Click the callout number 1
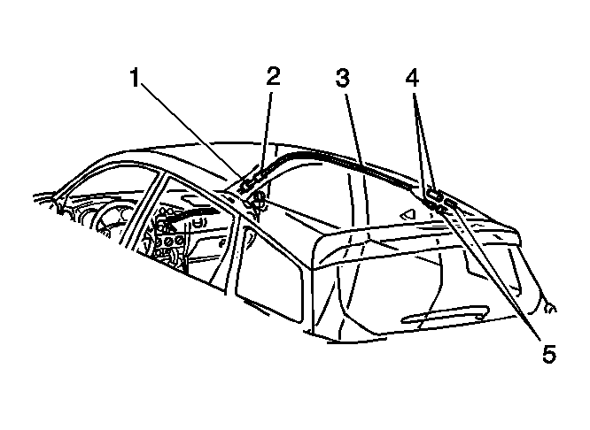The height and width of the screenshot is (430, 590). pos(135,78)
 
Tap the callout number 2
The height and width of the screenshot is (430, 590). pos(273,76)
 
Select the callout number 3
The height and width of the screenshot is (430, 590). pos(343,78)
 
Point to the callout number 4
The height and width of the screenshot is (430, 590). pos(413,78)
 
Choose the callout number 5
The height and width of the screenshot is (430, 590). pos(548,354)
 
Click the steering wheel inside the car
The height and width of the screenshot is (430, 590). pos(109,226)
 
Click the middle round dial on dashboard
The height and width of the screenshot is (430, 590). pos(168,241)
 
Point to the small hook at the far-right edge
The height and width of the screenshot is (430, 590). pos(550,308)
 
